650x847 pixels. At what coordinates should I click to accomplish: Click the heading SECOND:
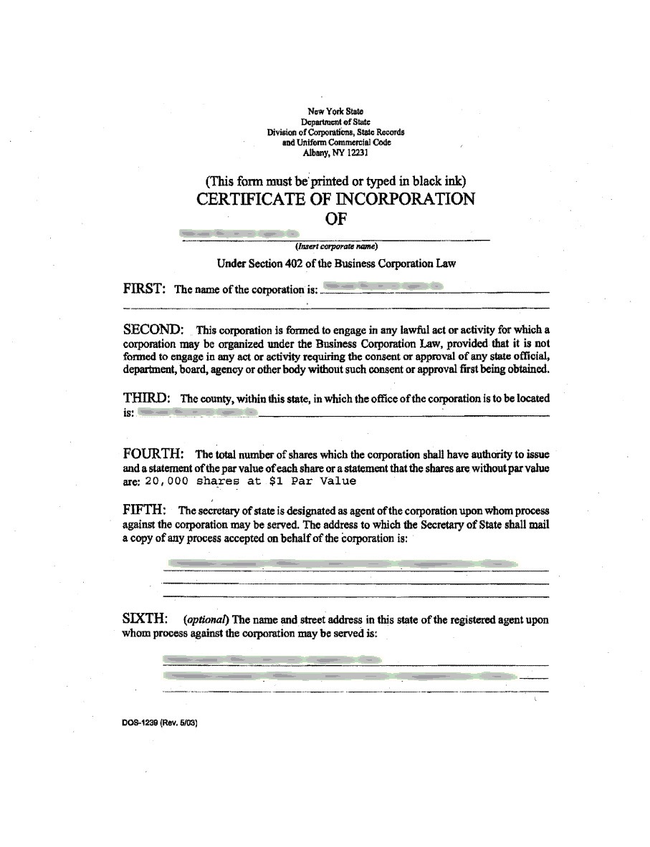153,329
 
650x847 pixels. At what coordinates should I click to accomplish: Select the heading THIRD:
146,397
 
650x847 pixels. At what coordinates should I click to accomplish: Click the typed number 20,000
166,481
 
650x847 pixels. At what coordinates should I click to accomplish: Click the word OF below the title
336,219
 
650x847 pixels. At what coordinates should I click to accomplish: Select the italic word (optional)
206,619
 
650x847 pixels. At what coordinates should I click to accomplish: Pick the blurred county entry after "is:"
196,413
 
